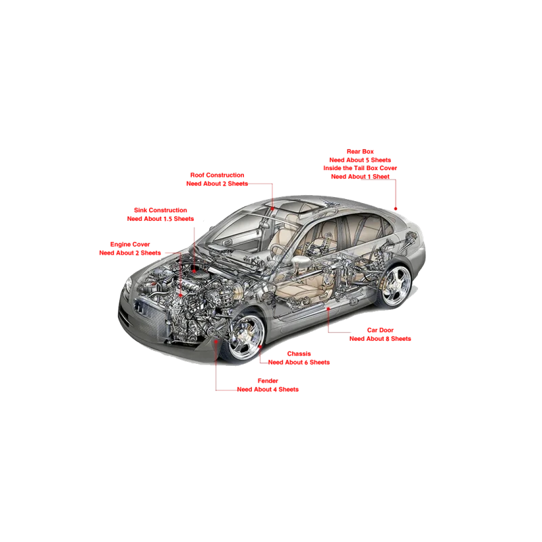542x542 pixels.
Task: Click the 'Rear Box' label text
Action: point(360,151)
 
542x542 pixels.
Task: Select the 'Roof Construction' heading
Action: point(217,175)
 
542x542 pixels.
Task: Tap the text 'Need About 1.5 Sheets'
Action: point(161,218)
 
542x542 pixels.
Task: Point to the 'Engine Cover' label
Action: point(130,245)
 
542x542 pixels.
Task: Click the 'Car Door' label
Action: point(380,330)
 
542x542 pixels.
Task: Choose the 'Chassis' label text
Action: point(299,354)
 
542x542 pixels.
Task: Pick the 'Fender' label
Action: point(268,381)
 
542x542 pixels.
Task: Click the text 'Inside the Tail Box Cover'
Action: point(360,168)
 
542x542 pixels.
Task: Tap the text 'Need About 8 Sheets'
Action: point(380,339)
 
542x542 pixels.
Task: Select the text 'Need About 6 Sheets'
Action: point(299,362)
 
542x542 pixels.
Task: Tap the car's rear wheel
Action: point(396,286)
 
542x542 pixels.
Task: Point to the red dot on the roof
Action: point(272,209)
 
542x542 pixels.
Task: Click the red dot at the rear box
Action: point(396,209)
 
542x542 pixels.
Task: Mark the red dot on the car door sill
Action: point(329,309)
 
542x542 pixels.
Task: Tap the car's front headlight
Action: point(128,285)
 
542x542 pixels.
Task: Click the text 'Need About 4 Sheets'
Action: point(268,389)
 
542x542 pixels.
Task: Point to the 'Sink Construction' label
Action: point(161,210)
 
